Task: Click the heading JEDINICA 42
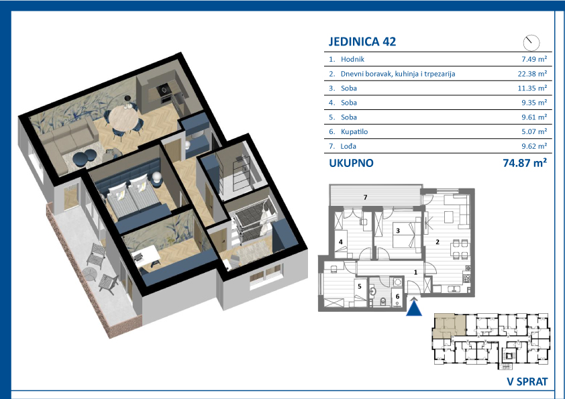362,42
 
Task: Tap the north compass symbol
531,43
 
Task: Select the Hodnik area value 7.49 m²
534,59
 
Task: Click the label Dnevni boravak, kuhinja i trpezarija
398,74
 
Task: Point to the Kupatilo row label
354,132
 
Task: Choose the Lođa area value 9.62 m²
534,146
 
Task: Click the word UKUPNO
351,163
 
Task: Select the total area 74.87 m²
525,163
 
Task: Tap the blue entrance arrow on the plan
413,308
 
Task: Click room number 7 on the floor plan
366,197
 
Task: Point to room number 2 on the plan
438,242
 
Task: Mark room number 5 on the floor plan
360,286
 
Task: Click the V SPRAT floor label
527,382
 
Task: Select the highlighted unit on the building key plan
450,325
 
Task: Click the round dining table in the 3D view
123,117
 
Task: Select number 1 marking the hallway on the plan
415,272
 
